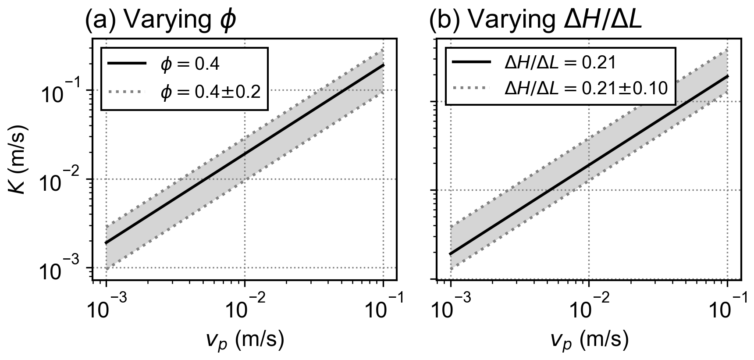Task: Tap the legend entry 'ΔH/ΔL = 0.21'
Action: [560, 63]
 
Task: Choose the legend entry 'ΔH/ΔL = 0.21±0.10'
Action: [586, 89]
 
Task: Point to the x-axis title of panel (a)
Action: [245, 339]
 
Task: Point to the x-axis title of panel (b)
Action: [589, 339]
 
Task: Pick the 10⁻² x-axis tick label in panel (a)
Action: [245, 309]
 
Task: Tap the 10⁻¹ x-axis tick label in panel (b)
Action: [727, 309]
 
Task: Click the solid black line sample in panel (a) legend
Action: [127, 64]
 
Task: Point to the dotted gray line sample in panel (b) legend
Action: [471, 88]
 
